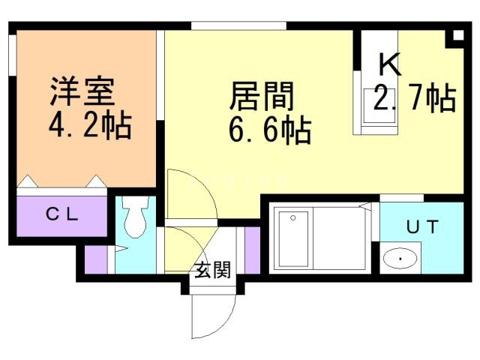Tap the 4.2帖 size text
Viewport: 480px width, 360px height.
click(x=91, y=124)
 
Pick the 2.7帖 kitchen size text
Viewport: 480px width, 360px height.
click(x=415, y=98)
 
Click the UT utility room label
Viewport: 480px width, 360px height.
click(x=421, y=225)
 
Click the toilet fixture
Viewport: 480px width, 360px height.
click(x=135, y=218)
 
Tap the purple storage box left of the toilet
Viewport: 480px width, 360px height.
click(x=95, y=258)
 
